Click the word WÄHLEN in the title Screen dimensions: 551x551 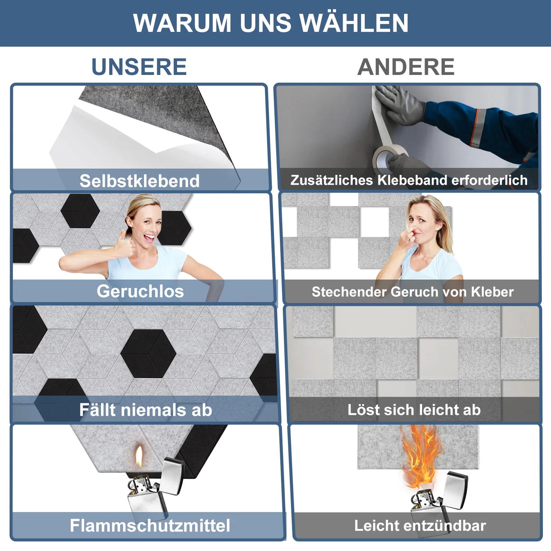pyautogui.click(x=354, y=23)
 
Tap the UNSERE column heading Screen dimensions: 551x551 pyautogui.click(x=139, y=67)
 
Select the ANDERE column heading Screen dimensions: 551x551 pyautogui.click(x=406, y=67)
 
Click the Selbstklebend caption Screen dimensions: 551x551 pyautogui.click(x=140, y=181)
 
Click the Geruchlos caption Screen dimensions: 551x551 pyautogui.click(x=140, y=291)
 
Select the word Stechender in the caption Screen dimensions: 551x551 pyautogui.click(x=349, y=292)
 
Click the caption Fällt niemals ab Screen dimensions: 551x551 pyautogui.click(x=146, y=410)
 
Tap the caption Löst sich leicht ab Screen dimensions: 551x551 pyautogui.click(x=414, y=410)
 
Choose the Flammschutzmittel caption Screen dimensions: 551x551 pyautogui.click(x=150, y=525)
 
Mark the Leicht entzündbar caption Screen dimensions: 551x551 pyautogui.click(x=420, y=526)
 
